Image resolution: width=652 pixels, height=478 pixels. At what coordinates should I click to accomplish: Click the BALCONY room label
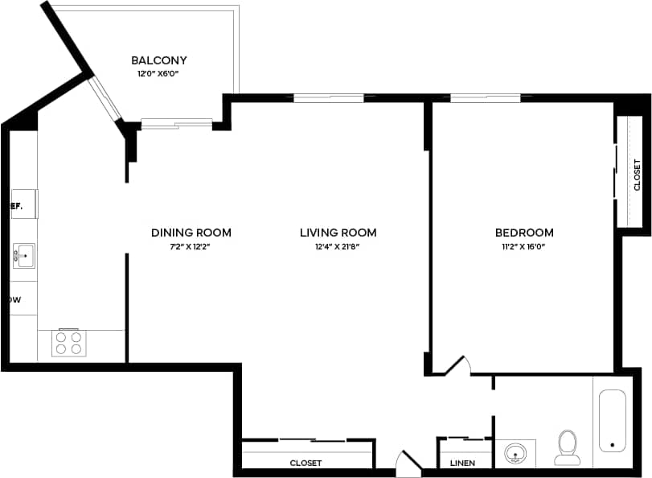tap(159, 60)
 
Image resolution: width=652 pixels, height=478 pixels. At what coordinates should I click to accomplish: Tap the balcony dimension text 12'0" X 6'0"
tap(159, 73)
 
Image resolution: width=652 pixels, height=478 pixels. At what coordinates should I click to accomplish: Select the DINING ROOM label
tap(191, 233)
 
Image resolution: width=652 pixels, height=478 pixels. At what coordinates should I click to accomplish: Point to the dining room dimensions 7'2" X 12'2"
tap(191, 246)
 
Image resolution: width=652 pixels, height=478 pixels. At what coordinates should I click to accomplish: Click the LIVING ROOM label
tap(338, 233)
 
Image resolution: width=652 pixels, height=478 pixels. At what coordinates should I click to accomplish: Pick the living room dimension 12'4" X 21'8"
tap(338, 246)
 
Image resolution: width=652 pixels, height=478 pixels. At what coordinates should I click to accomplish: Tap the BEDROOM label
tap(524, 233)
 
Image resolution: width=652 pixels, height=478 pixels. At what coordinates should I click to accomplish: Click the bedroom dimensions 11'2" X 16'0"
tap(524, 246)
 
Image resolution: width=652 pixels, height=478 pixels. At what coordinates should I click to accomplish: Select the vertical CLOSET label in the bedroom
tap(637, 175)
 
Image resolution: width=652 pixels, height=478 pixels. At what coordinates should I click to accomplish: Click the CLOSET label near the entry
tap(305, 463)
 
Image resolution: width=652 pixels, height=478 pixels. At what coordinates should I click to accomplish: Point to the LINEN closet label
tap(462, 463)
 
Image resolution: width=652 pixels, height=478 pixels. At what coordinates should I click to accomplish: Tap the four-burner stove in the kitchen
tap(68, 343)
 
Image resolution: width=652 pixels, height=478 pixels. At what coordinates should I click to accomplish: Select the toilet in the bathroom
tap(568, 447)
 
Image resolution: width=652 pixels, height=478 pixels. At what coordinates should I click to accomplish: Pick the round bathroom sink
tap(515, 454)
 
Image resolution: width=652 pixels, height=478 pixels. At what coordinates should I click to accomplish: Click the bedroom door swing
tap(457, 366)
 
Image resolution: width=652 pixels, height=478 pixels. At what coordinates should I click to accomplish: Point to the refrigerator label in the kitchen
tap(15, 205)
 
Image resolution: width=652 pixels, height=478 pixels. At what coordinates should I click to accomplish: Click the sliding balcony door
tap(177, 124)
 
